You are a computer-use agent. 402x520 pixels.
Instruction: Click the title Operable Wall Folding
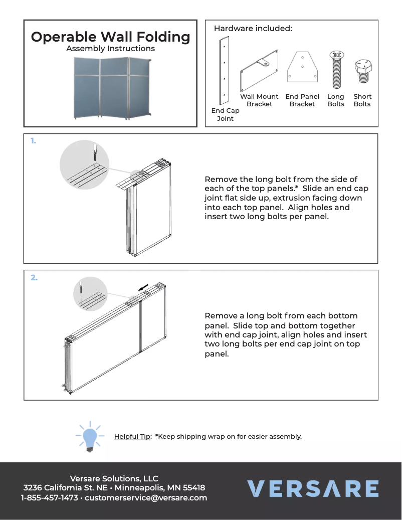click(110, 37)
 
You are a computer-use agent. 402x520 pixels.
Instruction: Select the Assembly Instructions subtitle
click(110, 49)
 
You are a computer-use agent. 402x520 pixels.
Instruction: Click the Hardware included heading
click(253, 29)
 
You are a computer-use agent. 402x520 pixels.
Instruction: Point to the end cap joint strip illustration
click(225, 71)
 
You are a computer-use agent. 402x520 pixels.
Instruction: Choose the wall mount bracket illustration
click(260, 70)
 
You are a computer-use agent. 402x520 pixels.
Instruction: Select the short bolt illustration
click(362, 72)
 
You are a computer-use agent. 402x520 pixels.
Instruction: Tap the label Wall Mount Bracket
click(259, 100)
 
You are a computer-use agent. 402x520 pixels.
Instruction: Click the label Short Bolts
click(362, 100)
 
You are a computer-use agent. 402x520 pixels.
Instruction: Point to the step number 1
click(33, 141)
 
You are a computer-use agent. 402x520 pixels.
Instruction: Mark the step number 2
click(34, 277)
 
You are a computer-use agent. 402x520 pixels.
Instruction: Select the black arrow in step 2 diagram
click(143, 287)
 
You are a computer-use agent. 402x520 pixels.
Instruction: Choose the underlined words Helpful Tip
click(133, 436)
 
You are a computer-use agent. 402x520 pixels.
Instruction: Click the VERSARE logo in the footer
click(313, 488)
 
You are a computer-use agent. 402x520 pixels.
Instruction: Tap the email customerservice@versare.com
click(146, 498)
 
